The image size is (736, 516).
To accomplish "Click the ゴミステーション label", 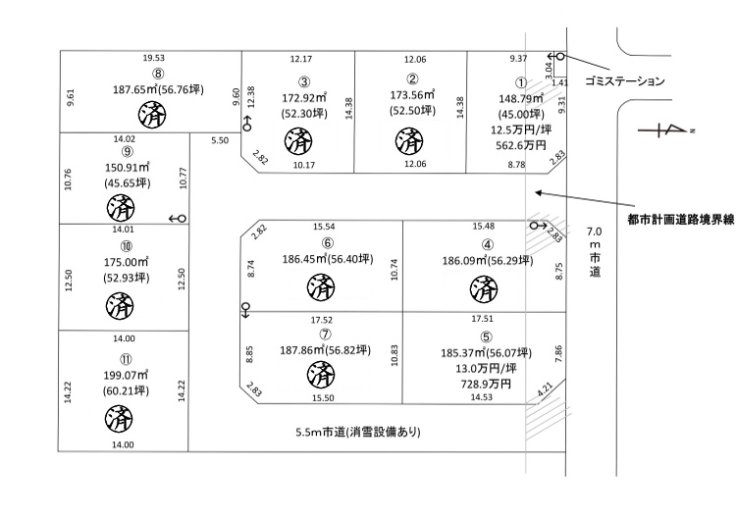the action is (625, 81).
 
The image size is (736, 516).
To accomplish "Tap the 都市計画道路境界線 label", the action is (681, 220).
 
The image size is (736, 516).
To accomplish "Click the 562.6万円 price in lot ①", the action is (520, 145).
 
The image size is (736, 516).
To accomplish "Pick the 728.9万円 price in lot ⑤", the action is (486, 385).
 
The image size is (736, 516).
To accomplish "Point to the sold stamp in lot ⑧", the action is (152, 115).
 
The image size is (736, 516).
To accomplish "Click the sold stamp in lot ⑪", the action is (119, 419).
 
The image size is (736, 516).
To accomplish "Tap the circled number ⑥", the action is (328, 243).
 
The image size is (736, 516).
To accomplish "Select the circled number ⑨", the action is (128, 151).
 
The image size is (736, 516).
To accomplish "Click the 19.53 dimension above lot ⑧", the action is (153, 58).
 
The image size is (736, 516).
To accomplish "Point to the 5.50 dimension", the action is (220, 140).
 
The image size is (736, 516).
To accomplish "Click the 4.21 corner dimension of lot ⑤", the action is (545, 389).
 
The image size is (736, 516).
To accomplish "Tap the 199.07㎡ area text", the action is (126, 375).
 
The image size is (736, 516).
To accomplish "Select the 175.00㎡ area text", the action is (126, 262).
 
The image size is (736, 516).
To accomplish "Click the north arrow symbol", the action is (665, 129).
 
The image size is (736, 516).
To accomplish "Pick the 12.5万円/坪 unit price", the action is (521, 129).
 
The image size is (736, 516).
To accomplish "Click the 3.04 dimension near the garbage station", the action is (549, 70).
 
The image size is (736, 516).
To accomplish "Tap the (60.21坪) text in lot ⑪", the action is (126, 390).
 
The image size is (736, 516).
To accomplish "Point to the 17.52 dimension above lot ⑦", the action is (322, 320).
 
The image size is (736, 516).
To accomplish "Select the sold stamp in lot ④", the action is (484, 289).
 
